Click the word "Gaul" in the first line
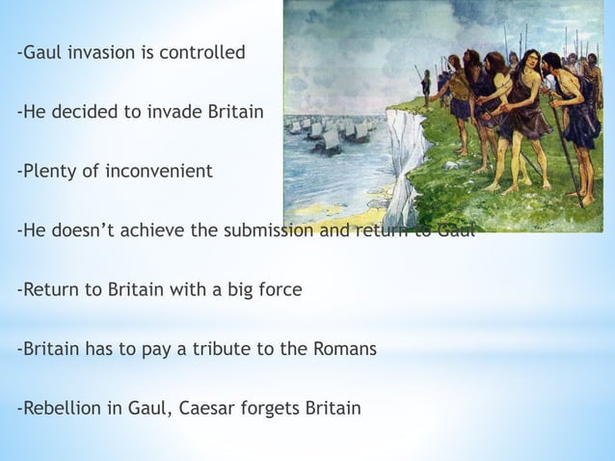click(40, 52)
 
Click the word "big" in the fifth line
click(229, 290)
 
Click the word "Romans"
click(344, 349)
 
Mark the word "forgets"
click(271, 408)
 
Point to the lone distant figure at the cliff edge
click(426, 85)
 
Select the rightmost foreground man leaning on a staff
click(578, 116)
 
